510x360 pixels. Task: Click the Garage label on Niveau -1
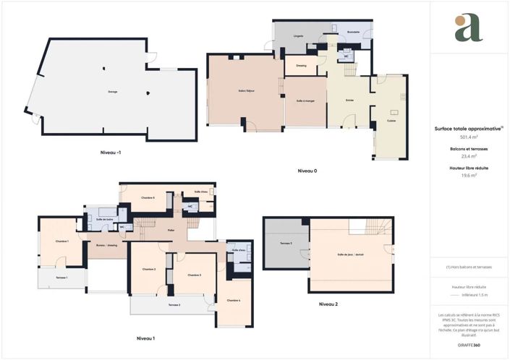(x=113, y=92)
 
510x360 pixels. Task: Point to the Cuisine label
(x=391, y=121)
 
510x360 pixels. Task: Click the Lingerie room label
(x=298, y=35)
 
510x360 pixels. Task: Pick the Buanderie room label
(x=354, y=33)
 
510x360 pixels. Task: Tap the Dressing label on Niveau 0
(x=302, y=66)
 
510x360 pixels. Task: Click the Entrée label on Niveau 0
(x=350, y=100)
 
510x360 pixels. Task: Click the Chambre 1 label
(x=62, y=241)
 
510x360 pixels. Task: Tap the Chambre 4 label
(x=233, y=300)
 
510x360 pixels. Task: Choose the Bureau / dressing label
(x=107, y=245)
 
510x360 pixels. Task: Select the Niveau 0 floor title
(x=307, y=171)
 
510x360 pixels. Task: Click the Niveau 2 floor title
(x=328, y=304)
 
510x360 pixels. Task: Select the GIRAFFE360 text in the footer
(x=469, y=346)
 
